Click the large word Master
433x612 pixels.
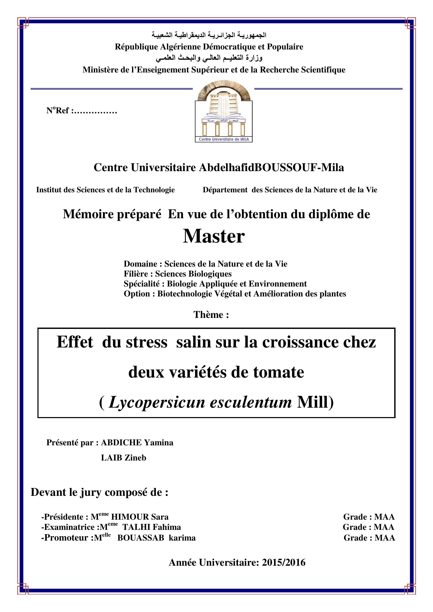point(214,237)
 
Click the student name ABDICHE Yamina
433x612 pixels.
point(137,443)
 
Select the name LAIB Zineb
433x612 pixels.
point(124,458)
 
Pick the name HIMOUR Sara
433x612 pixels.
point(140,516)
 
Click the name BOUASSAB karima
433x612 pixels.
point(156,538)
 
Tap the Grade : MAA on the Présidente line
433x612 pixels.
point(369,516)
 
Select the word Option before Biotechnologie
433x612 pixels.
point(136,294)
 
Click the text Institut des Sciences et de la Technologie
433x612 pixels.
point(105,190)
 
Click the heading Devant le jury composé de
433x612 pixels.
point(99,492)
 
